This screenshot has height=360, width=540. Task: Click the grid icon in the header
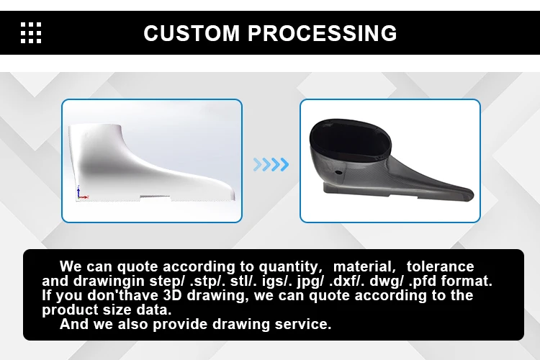[31, 33]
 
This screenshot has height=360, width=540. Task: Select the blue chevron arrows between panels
[271, 164]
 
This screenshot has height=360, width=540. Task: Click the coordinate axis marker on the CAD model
[80, 193]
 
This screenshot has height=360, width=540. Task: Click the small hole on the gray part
[338, 174]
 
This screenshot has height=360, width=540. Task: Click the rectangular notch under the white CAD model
[155, 197]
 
